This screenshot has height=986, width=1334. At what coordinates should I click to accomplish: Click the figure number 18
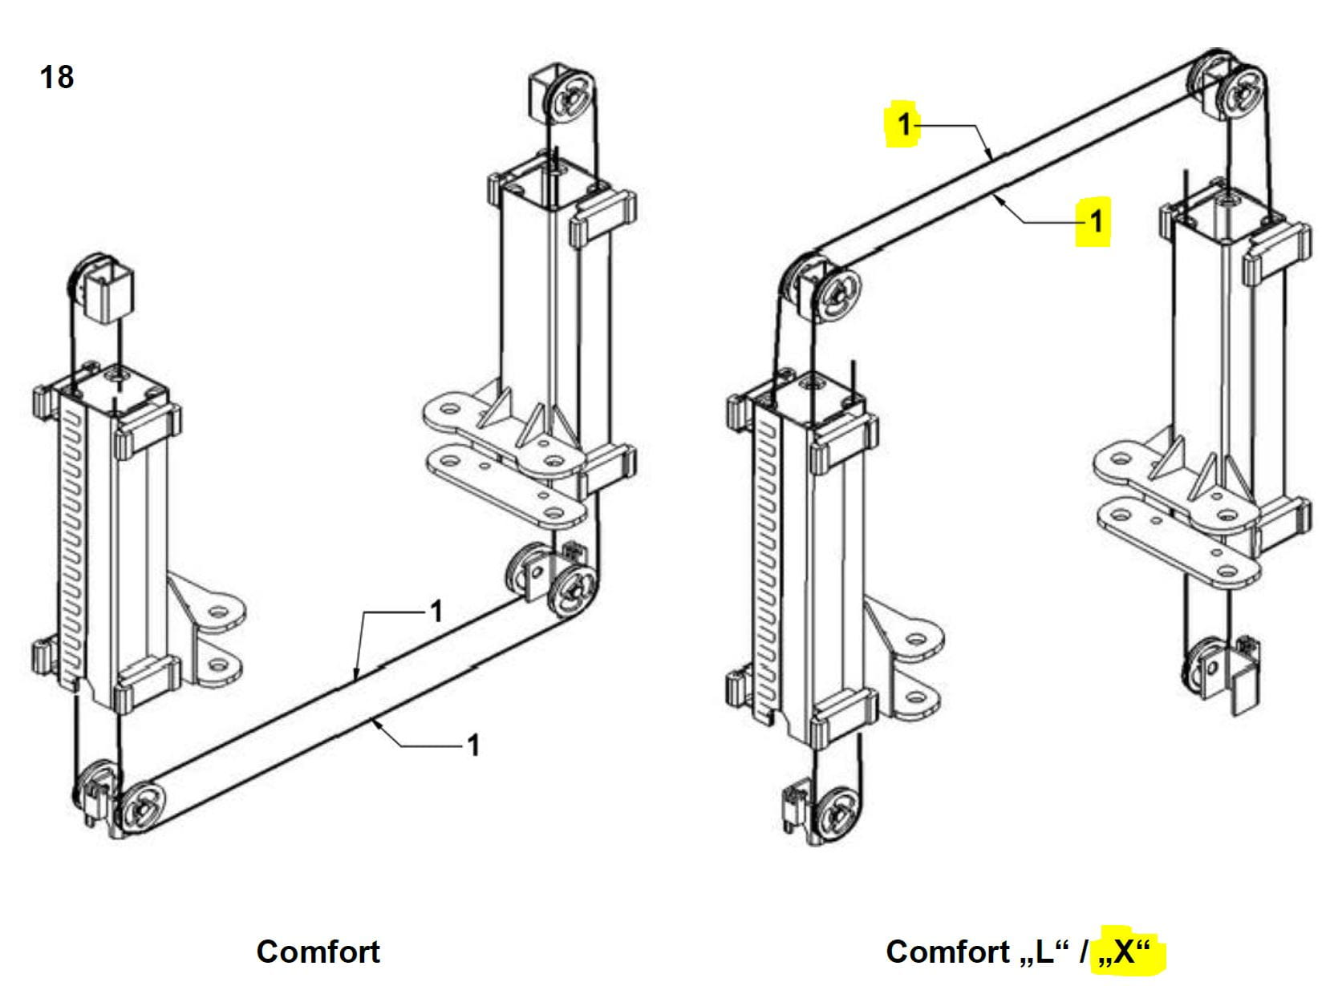(x=57, y=77)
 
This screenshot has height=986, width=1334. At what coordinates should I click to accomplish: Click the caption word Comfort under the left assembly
(x=318, y=952)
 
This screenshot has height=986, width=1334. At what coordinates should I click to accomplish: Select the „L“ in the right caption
(x=1044, y=951)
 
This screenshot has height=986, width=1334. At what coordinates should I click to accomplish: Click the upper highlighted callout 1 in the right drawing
(x=904, y=124)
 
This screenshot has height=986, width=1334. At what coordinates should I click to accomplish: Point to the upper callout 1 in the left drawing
(x=437, y=612)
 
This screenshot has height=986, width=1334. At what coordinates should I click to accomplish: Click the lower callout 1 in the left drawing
(x=473, y=746)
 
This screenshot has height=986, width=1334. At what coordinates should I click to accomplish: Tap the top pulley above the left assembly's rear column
(x=572, y=95)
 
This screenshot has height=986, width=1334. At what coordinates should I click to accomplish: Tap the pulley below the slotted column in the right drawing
(x=837, y=816)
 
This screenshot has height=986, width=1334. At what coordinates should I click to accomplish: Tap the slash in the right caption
(x=1083, y=952)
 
